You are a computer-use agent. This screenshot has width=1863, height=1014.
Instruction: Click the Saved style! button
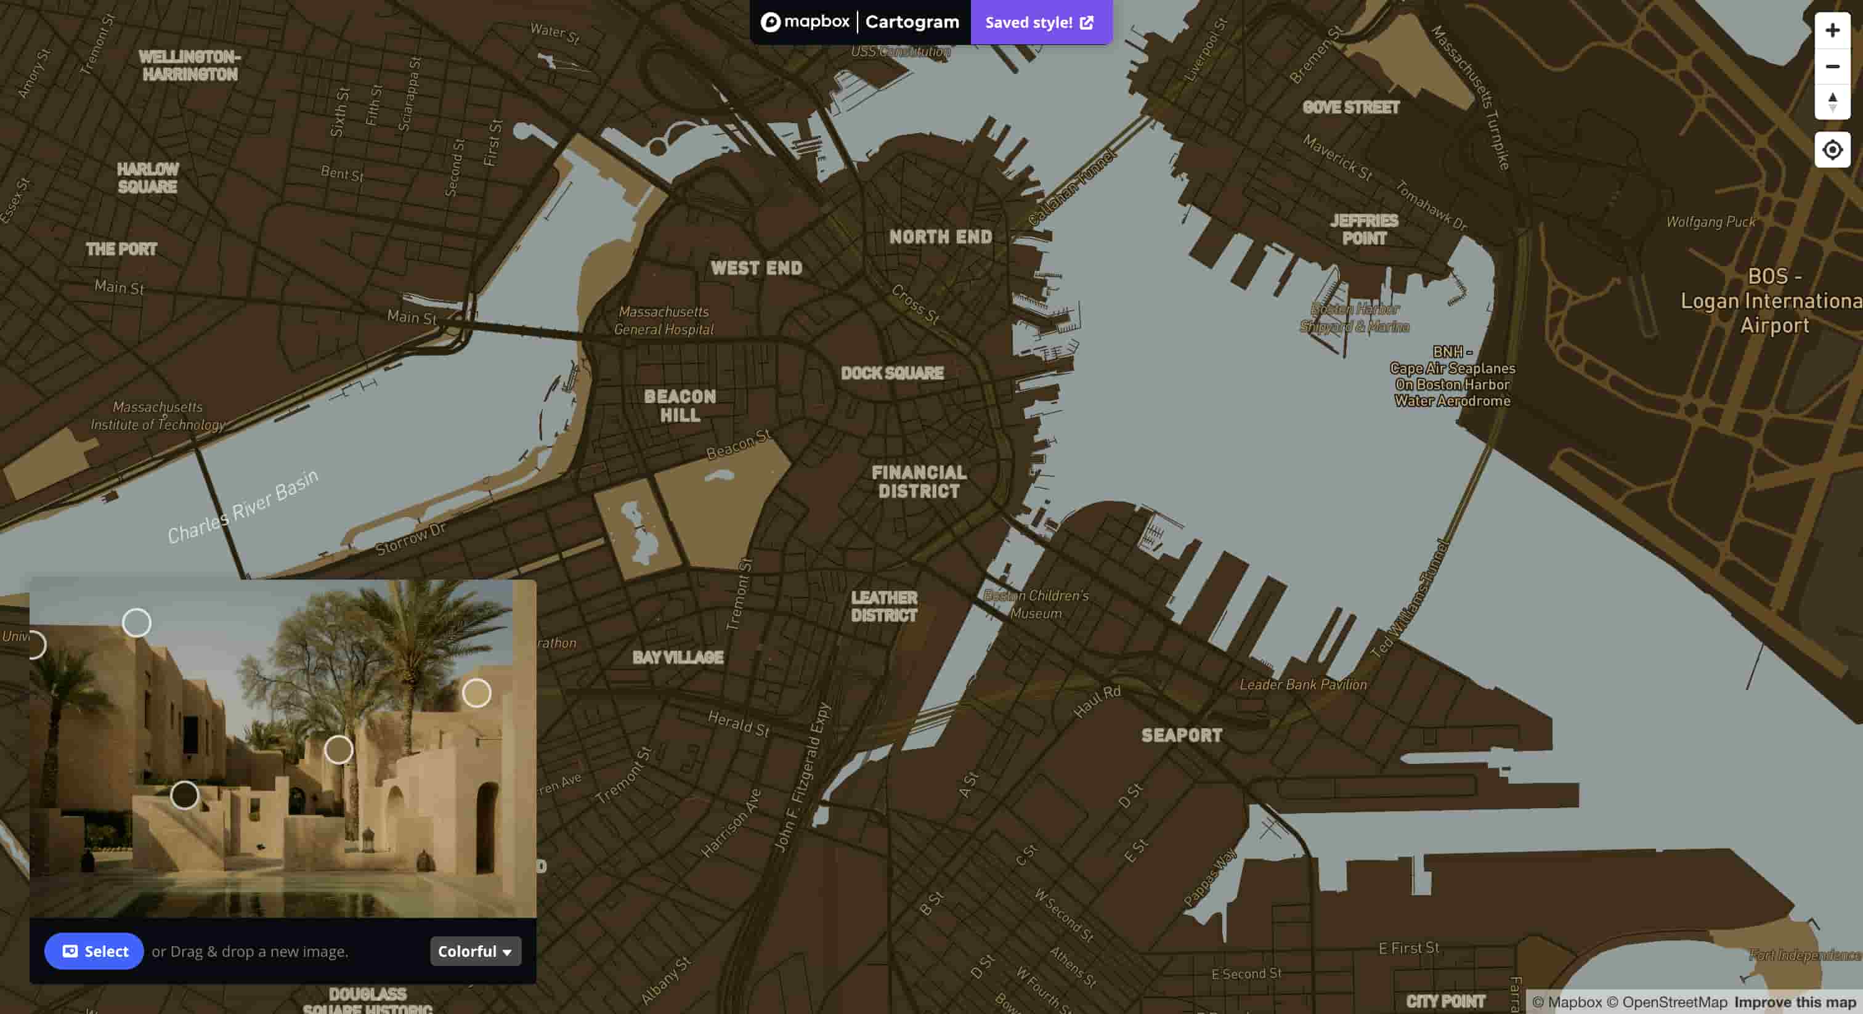(1040, 22)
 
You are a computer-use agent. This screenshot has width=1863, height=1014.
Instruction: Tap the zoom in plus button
(1832, 30)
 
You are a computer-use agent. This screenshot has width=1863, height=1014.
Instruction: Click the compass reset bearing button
(1832, 101)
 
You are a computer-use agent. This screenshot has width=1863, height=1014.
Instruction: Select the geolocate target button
(1832, 150)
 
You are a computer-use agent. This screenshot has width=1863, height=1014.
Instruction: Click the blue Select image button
(94, 951)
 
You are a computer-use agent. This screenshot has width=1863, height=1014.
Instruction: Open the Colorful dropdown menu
(475, 951)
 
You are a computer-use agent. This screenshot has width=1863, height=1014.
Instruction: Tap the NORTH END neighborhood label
(940, 237)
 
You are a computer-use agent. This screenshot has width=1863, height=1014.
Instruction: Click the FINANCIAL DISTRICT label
(919, 482)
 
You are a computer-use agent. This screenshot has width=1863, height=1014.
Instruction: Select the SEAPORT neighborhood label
(1182, 736)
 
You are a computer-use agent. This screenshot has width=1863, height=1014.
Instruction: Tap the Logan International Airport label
(1772, 301)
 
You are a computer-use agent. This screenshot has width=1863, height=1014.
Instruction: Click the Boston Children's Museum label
(1036, 604)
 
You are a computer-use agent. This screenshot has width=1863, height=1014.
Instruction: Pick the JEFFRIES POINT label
(1364, 229)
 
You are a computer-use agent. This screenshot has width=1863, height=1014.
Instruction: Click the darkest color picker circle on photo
(184, 795)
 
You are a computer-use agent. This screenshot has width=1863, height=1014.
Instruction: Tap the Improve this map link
(1795, 1002)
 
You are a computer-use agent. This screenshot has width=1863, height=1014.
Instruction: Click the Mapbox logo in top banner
(805, 22)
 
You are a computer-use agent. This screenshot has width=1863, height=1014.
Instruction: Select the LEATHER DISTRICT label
(884, 606)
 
